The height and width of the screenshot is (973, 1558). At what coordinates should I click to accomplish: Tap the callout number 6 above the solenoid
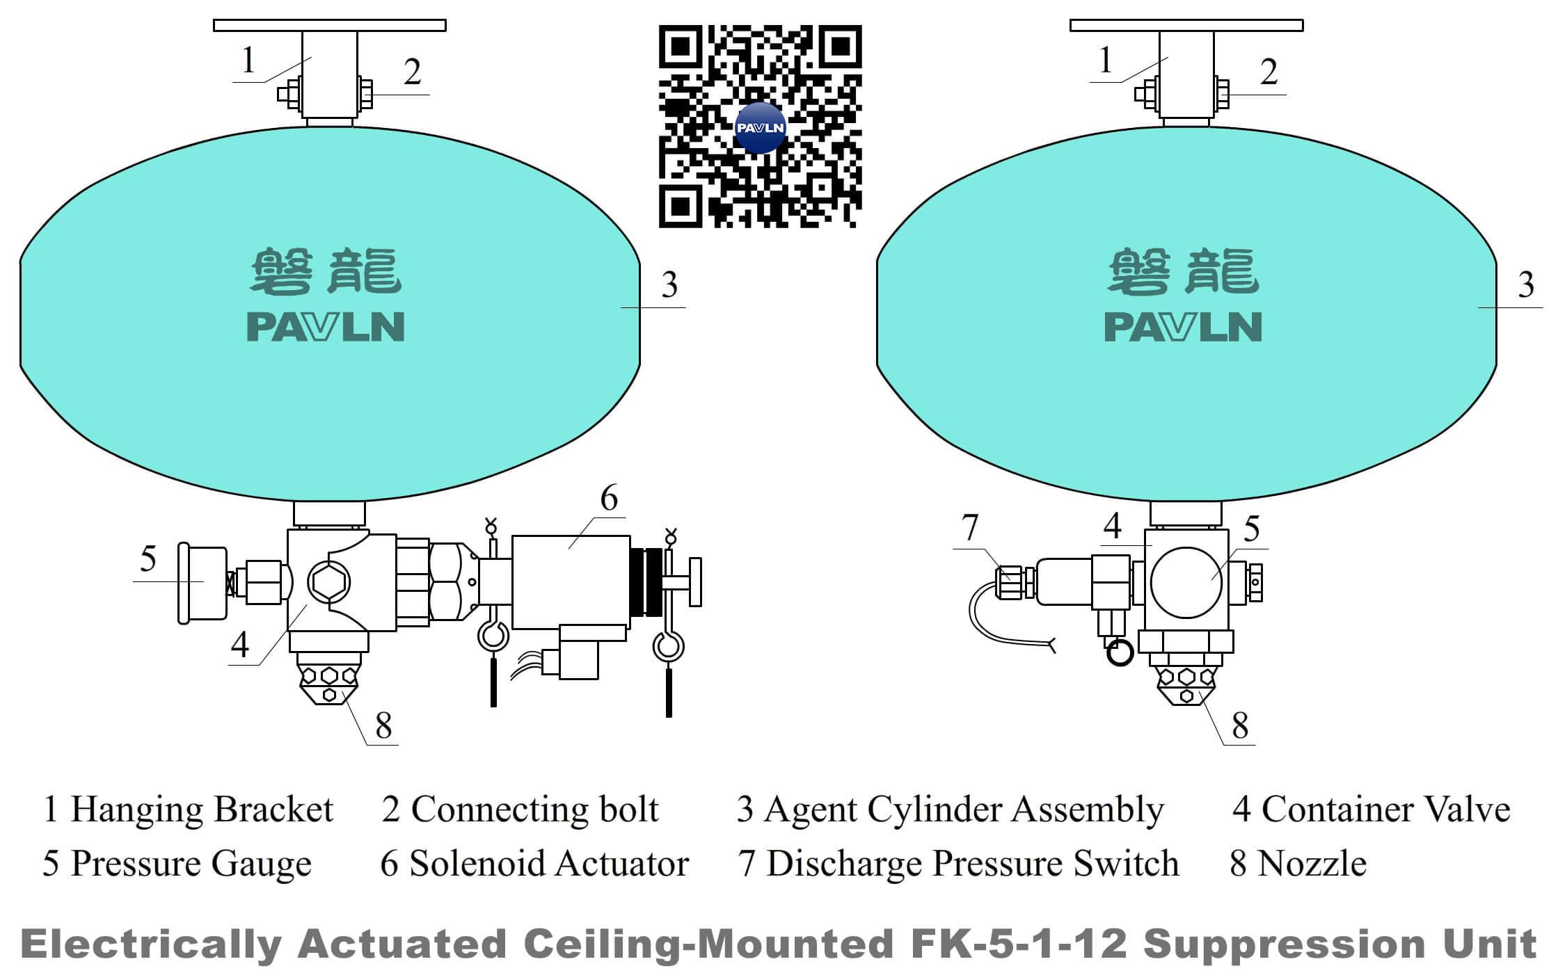click(x=609, y=498)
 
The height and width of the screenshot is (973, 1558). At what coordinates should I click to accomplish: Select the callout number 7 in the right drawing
click(x=970, y=527)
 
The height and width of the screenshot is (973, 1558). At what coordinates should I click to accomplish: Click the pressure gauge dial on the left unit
click(x=202, y=581)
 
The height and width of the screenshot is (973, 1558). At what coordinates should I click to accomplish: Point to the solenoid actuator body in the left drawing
click(x=571, y=581)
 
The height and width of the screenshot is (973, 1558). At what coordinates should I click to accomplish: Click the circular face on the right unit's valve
click(x=1186, y=583)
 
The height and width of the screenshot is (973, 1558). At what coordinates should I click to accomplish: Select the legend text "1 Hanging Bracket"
click(x=188, y=810)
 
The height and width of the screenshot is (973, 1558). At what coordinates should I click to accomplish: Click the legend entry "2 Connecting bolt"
click(x=520, y=810)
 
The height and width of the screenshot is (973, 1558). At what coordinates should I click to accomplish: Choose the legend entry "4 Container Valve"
click(x=1372, y=810)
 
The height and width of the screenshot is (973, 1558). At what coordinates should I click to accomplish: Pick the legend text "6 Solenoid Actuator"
click(x=534, y=864)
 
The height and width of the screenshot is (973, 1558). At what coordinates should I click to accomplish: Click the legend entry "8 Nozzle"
click(x=1298, y=864)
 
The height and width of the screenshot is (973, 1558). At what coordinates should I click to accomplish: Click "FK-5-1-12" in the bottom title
click(x=1019, y=944)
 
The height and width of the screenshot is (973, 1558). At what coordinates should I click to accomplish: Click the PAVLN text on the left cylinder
click(x=326, y=327)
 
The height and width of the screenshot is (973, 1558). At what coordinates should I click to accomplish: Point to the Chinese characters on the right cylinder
click(x=1183, y=271)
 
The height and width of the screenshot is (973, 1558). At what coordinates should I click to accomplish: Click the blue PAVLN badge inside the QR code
click(x=760, y=128)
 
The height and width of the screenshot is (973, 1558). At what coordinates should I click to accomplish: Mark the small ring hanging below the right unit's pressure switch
click(x=1120, y=653)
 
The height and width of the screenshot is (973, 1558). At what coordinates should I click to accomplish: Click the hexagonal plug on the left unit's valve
click(x=328, y=581)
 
